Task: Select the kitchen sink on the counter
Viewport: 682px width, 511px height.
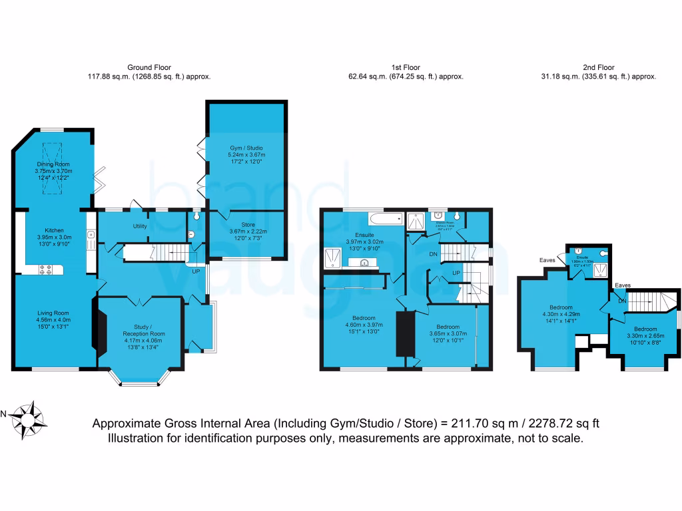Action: (x=89, y=234)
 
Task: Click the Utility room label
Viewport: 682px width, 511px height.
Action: (x=140, y=226)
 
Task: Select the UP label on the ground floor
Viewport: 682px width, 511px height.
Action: (x=196, y=271)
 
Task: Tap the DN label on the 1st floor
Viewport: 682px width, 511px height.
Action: (x=433, y=254)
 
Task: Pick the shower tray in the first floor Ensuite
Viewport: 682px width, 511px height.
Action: (x=332, y=256)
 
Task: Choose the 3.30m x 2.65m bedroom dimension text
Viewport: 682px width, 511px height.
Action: (x=645, y=336)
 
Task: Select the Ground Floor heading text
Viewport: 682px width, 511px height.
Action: (x=149, y=67)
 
